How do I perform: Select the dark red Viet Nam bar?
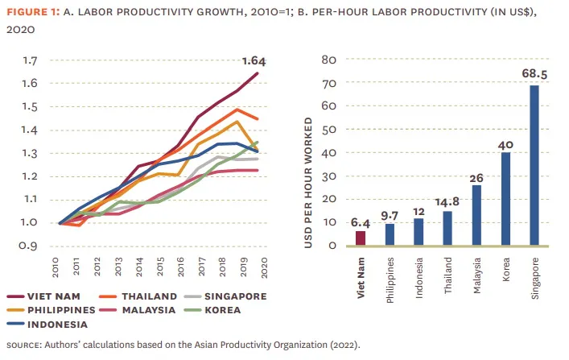click(361, 238)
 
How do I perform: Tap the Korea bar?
click(505, 198)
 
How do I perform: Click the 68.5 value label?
click(534, 75)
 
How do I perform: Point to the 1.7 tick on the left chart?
click(31, 60)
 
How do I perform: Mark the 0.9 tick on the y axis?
click(31, 246)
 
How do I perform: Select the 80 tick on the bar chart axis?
click(328, 60)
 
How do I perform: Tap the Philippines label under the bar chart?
click(390, 275)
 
